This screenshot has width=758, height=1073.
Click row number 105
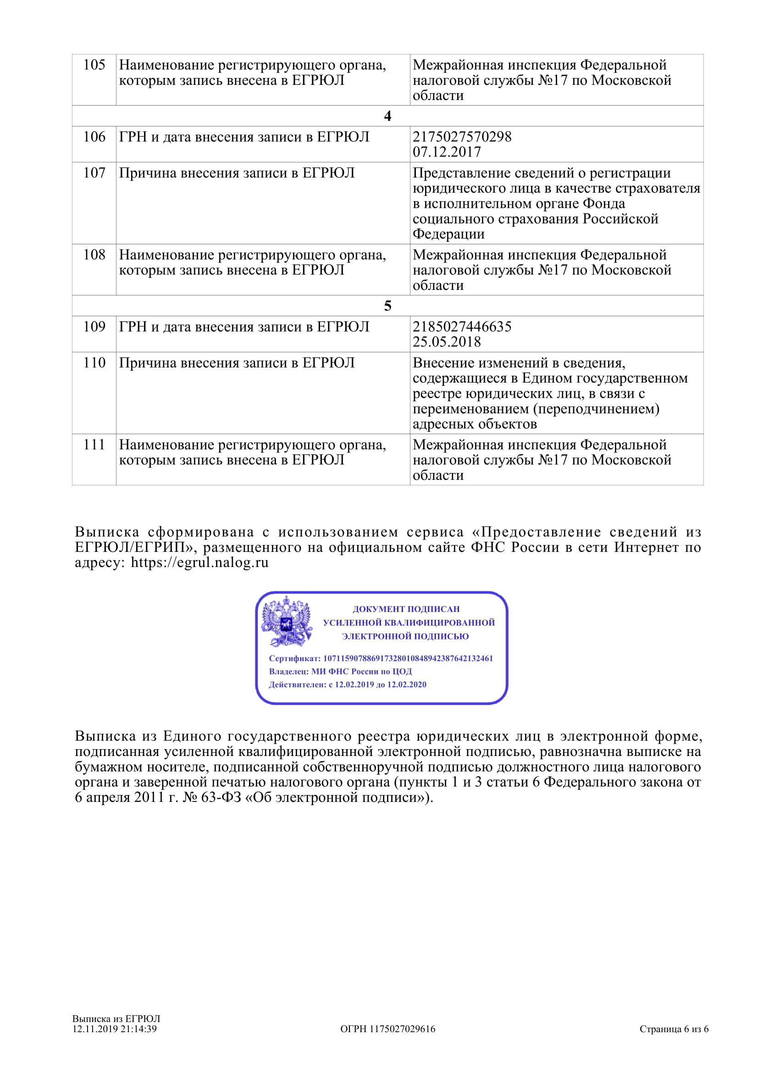pyautogui.click(x=94, y=65)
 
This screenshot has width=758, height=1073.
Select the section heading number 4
pyautogui.click(x=387, y=116)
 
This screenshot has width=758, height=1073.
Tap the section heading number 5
pyautogui.click(x=387, y=306)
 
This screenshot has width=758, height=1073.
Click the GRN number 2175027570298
pyautogui.click(x=462, y=136)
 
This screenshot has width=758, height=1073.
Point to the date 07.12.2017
pyautogui.click(x=447, y=152)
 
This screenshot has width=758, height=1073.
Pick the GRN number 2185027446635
pyautogui.click(x=462, y=326)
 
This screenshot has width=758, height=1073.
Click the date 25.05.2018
pyautogui.click(x=447, y=342)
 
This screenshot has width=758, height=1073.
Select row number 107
pyautogui.click(x=94, y=173)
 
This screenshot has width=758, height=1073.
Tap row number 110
pyautogui.click(x=94, y=363)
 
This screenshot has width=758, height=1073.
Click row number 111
pyautogui.click(x=94, y=445)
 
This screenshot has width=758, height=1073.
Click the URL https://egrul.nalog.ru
pyautogui.click(x=199, y=562)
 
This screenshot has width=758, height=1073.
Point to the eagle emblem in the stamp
pyautogui.click(x=286, y=622)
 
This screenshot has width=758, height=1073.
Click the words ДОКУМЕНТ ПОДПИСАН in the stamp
pyautogui.click(x=406, y=609)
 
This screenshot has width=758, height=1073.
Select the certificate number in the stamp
pyautogui.click(x=408, y=658)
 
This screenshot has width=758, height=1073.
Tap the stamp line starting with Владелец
pyautogui.click(x=340, y=672)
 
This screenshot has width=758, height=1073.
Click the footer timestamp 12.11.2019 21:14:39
pyautogui.click(x=115, y=1029)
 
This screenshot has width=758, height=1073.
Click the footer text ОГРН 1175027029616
pyautogui.click(x=387, y=1029)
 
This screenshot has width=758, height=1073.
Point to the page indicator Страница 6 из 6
pyautogui.click(x=674, y=1029)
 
